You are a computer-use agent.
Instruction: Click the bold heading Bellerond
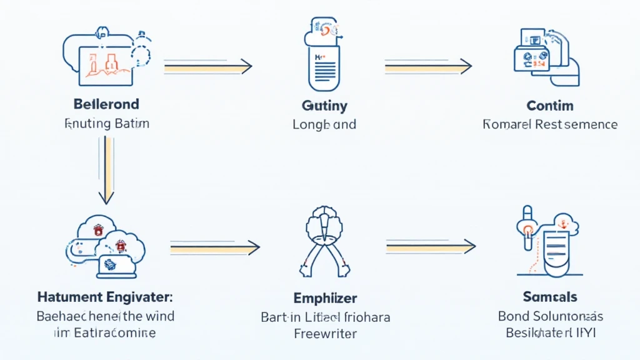[x=106, y=104]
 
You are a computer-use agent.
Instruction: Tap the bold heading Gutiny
[x=324, y=106]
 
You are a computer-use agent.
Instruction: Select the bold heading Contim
[x=549, y=106]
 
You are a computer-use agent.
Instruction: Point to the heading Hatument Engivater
[x=106, y=297]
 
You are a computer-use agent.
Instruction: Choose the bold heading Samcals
[x=550, y=297]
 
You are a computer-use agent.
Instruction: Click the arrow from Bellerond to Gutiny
[x=207, y=66]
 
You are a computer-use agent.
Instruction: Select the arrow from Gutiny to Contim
[x=427, y=66]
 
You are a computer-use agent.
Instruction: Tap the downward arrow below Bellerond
[x=107, y=170]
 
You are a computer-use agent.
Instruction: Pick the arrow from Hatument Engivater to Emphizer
[x=214, y=248]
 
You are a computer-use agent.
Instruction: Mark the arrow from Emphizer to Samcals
[x=431, y=247]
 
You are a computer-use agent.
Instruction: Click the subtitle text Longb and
[x=324, y=124]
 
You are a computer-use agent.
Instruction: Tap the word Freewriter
[x=325, y=333]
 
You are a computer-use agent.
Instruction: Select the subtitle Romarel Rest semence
[x=550, y=124]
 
